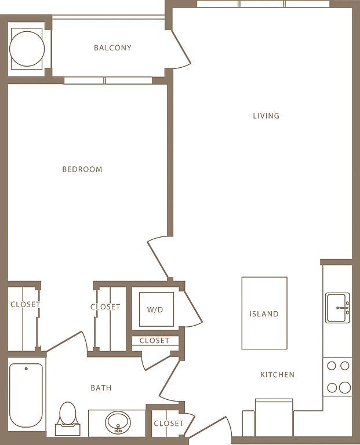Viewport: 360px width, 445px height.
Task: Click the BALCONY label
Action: (x=112, y=48)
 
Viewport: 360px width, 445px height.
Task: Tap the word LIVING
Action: (x=266, y=116)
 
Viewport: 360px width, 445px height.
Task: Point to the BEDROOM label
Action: (x=82, y=169)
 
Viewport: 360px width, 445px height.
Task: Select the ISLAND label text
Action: (x=264, y=314)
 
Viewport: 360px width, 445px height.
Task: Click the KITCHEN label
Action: (x=277, y=375)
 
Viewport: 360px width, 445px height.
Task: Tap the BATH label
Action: (x=101, y=388)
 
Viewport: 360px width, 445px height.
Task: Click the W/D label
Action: (x=155, y=309)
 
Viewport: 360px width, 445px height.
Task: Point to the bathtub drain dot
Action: (x=26, y=369)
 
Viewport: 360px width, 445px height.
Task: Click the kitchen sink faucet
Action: (x=343, y=308)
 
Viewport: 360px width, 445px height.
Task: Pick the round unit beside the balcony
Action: (x=27, y=49)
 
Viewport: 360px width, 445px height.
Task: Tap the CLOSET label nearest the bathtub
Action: (x=26, y=304)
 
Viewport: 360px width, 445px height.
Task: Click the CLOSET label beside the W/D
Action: (x=106, y=307)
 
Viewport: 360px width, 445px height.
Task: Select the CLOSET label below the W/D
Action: (x=154, y=340)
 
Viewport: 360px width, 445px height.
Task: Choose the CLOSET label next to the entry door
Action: (x=169, y=424)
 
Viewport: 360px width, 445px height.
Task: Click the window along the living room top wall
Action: (x=263, y=3)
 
